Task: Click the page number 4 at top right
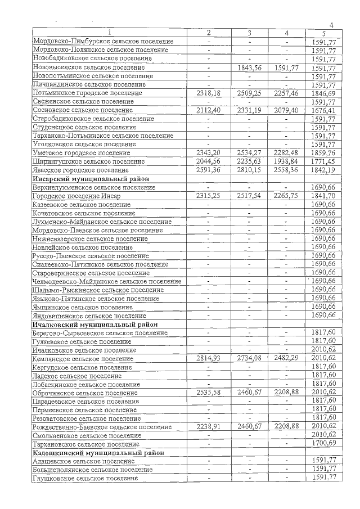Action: pos(331,25)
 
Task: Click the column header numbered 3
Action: pos(249,33)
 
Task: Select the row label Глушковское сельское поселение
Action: pos(85,478)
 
